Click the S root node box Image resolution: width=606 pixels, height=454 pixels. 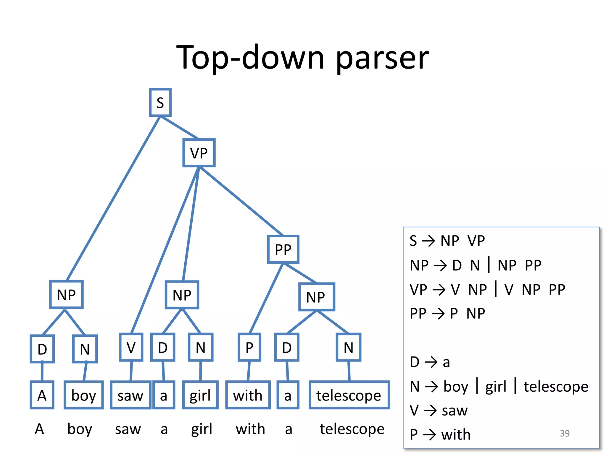pyautogui.click(x=160, y=102)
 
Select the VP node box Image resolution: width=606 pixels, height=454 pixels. pyautogui.click(x=199, y=153)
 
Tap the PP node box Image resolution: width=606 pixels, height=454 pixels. pyautogui.click(x=283, y=249)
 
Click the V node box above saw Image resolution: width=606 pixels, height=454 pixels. pyautogui.click(x=131, y=347)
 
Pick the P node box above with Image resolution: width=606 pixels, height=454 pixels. pyautogui.click(x=249, y=347)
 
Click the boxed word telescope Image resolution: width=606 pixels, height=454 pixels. pyautogui.click(x=349, y=395)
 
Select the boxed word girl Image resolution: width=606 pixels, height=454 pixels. pyautogui.click(x=200, y=395)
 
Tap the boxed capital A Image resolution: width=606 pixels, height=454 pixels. pyautogui.click(x=42, y=395)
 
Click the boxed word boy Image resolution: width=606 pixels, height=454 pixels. pyautogui.click(x=84, y=395)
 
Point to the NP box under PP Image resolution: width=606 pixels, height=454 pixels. pyautogui.click(x=316, y=297)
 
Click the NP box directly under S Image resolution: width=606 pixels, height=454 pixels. pyautogui.click(x=66, y=294)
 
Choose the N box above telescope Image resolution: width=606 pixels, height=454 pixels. pyautogui.click(x=349, y=347)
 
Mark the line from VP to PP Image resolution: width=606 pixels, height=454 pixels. pyautogui.click(x=241, y=201)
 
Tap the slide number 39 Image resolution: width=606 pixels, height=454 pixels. pyautogui.click(x=565, y=433)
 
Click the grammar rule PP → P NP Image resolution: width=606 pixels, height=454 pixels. pyautogui.click(x=447, y=313)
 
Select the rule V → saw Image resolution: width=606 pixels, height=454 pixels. pyautogui.click(x=439, y=410)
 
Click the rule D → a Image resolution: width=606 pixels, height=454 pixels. pyautogui.click(x=430, y=362)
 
